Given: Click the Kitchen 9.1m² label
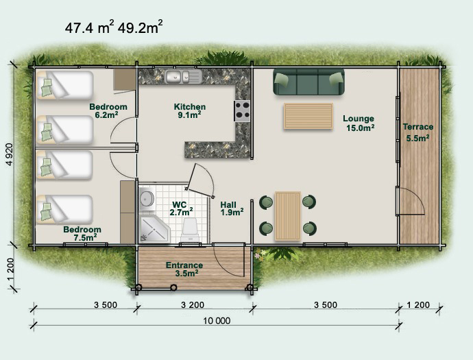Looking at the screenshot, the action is [190, 111].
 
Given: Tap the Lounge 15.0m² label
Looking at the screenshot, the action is [359, 123].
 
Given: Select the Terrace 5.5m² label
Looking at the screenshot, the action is [417, 132].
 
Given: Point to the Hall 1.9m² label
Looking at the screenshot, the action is [232, 209].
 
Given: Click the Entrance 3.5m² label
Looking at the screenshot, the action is [184, 269].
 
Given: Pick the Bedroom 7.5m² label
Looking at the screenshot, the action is [82, 233].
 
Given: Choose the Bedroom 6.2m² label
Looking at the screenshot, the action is [108, 111].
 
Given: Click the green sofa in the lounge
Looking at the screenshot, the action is [308, 82].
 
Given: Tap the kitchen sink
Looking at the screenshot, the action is [178, 76].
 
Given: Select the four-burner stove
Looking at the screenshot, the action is [242, 111].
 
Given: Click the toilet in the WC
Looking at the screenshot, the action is [191, 230].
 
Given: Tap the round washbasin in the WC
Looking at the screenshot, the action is [147, 199].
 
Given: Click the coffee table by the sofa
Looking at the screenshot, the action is [308, 116].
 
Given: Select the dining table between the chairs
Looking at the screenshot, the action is [288, 216].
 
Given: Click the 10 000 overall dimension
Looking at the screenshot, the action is [217, 320].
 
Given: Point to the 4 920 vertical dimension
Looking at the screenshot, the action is [10, 154].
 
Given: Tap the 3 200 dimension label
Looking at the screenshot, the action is [193, 305].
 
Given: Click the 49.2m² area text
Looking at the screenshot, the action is [141, 27].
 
